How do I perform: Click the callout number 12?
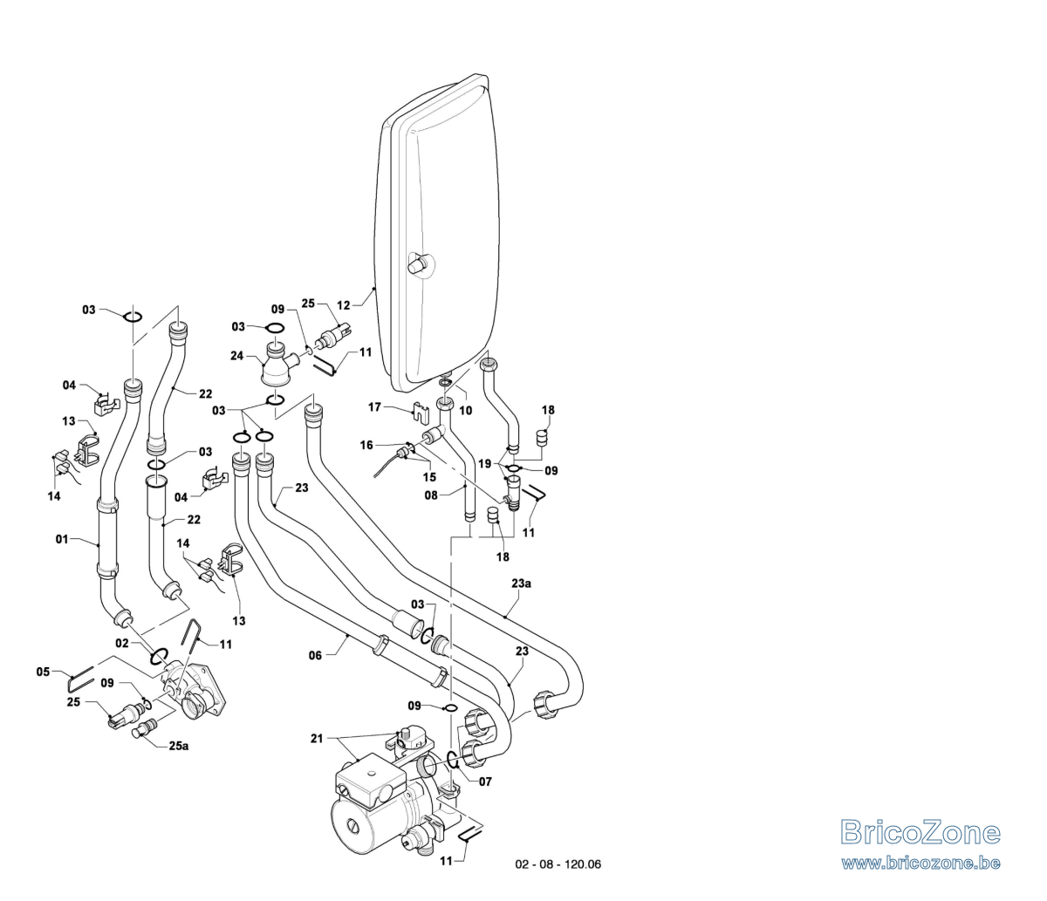[344, 305]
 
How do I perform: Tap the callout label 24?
[237, 356]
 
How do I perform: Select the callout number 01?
[62, 539]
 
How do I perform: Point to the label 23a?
[521, 584]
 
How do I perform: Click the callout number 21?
[317, 739]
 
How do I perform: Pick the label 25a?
[179, 746]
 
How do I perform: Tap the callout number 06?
[315, 656]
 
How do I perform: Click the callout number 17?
[374, 407]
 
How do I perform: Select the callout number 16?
[366, 445]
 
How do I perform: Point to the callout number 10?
[466, 410]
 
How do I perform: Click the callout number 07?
[485, 782]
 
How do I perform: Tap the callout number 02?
[122, 643]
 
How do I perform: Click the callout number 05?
[43, 672]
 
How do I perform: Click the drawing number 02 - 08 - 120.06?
[558, 864]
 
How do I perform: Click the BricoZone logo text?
[920, 832]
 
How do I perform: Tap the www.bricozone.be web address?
[920, 863]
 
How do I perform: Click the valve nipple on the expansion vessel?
[419, 264]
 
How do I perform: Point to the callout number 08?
[431, 495]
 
